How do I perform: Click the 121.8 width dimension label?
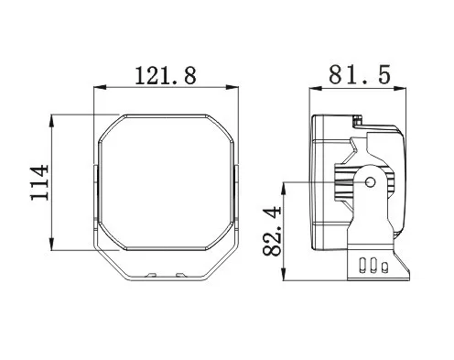[x=166, y=75]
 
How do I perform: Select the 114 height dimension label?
[x=39, y=182]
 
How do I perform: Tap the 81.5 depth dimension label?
[x=360, y=75]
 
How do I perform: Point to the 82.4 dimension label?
[x=271, y=231]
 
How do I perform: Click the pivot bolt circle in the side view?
[x=371, y=182]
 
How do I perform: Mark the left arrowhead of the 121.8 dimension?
[x=99, y=88]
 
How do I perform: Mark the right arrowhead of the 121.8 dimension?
[x=232, y=88]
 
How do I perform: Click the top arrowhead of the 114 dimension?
[x=52, y=121]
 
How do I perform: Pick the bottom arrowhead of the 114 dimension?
[x=52, y=244]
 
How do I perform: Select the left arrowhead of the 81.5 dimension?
[x=316, y=89]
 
